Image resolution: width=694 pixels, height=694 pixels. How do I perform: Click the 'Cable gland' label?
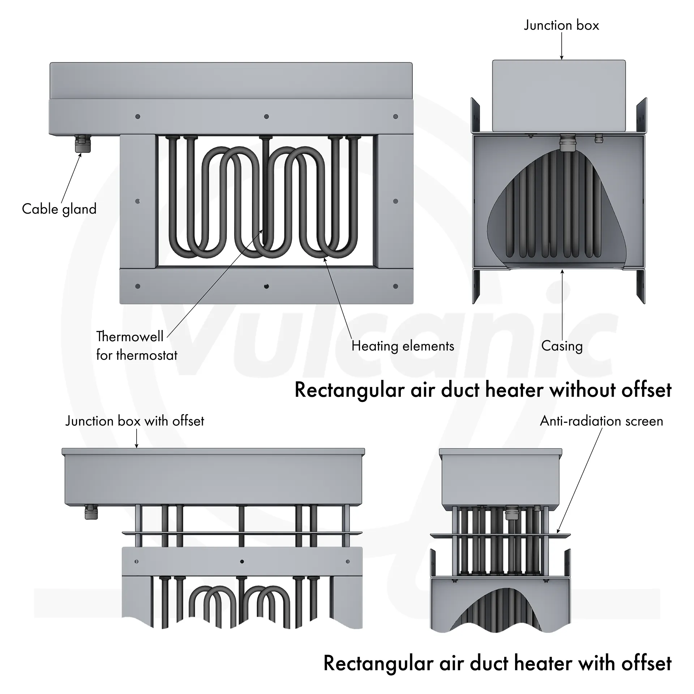[59, 209]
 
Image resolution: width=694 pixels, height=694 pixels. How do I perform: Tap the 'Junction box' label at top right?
[561, 25]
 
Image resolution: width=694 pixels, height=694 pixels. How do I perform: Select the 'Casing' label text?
[562, 346]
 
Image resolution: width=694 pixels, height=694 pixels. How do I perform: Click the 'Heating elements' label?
[403, 346]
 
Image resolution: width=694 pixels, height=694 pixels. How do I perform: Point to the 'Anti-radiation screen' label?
[601, 421]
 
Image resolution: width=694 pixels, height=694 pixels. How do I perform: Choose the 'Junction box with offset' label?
[134, 421]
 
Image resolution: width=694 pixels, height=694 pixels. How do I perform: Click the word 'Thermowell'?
[130, 337]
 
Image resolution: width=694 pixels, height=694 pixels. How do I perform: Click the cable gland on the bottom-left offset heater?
[91, 512]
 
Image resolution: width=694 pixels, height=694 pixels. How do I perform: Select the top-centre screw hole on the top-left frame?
[266, 116]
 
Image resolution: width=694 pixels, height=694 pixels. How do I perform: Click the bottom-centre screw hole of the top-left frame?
[266, 286]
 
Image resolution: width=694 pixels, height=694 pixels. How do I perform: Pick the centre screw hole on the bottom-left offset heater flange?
[242, 561]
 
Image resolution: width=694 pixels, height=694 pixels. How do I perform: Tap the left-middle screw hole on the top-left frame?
[138, 201]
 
